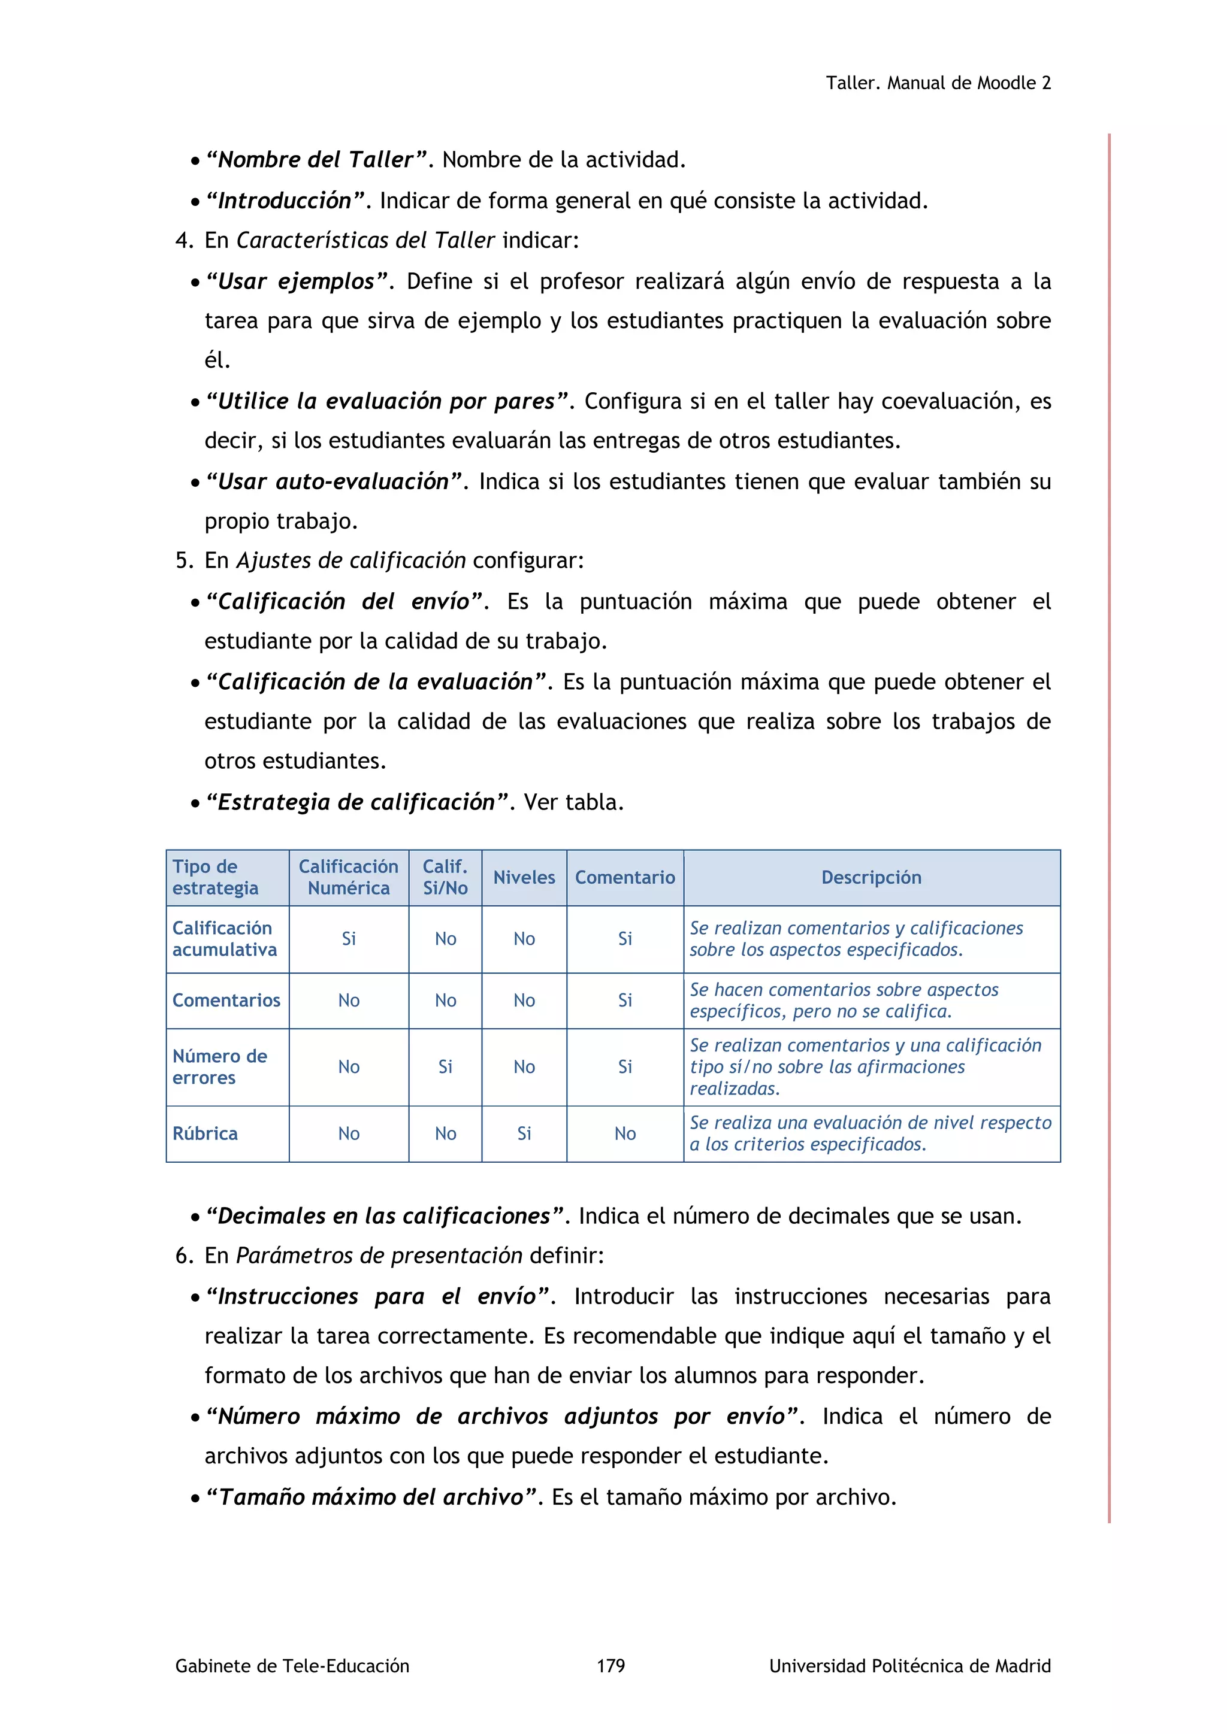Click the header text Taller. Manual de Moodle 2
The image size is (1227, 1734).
[x=938, y=83]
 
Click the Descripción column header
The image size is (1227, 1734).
[x=871, y=878]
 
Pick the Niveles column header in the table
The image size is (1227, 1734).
[x=524, y=878]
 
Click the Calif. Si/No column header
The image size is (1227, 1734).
[x=445, y=878]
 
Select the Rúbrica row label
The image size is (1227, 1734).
[x=205, y=1133]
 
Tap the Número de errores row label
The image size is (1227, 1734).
[x=219, y=1066]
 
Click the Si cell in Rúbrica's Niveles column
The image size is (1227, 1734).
[x=524, y=1133]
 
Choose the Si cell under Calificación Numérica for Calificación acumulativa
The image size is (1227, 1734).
[x=348, y=939]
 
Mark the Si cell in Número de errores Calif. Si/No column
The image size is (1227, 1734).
[x=445, y=1066]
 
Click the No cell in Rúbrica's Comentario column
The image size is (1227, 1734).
[x=625, y=1133]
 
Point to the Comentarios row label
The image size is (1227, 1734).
[x=226, y=1000]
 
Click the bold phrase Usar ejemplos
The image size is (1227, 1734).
[x=296, y=281]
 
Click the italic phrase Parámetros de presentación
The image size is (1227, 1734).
[x=379, y=1255]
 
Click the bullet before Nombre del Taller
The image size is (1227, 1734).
[x=195, y=161]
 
